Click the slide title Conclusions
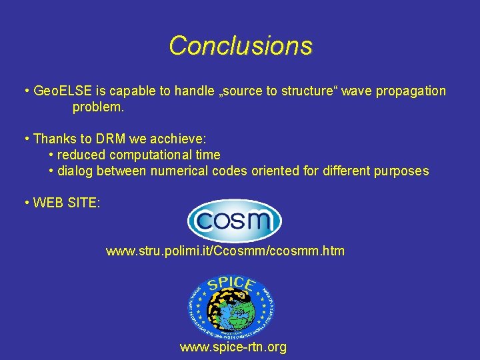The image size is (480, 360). pyautogui.click(x=240, y=46)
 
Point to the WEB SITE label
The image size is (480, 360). pyautogui.click(x=66, y=203)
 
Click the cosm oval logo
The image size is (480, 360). pyautogui.click(x=234, y=220)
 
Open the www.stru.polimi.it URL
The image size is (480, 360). pyautogui.click(x=225, y=251)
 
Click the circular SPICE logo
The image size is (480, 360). pyautogui.click(x=231, y=307)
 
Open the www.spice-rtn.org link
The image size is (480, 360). pyautogui.click(x=233, y=347)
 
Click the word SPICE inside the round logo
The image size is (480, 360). pyautogui.click(x=231, y=285)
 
